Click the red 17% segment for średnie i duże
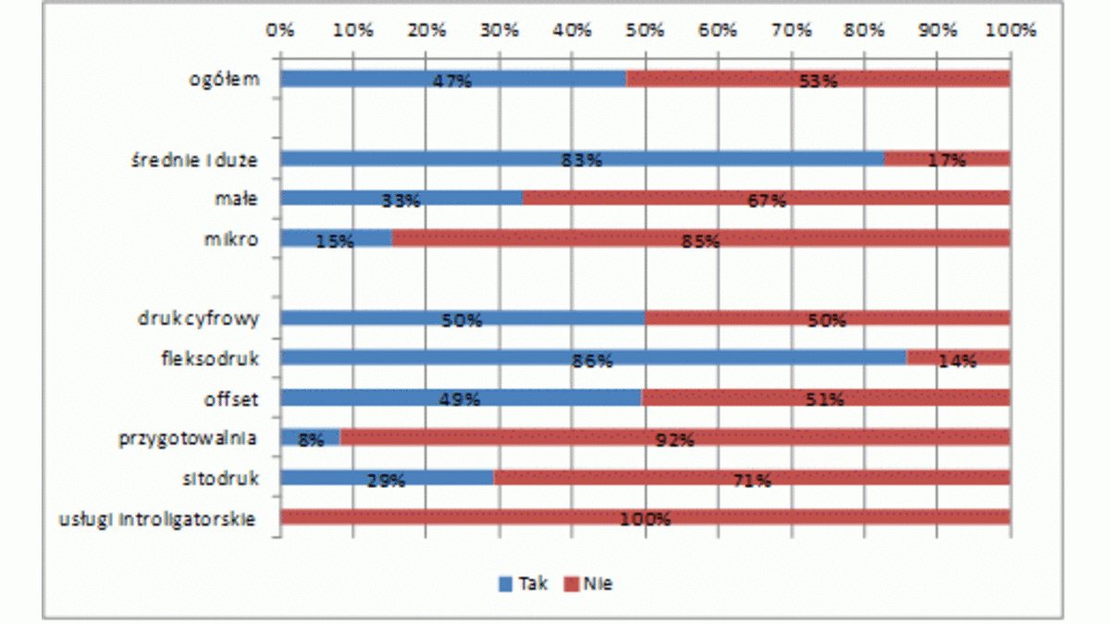point(946,158)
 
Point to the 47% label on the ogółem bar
point(452,80)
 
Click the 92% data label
point(674,439)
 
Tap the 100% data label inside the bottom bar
point(645,519)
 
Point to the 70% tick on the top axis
point(791,30)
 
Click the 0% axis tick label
point(280,30)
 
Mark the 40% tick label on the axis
point(573,30)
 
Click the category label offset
point(230,399)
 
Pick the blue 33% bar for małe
point(401,198)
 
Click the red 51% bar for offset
point(825,398)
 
